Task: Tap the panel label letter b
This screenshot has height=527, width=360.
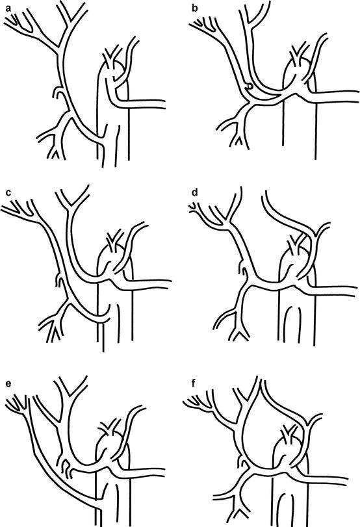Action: pyautogui.click(x=195, y=8)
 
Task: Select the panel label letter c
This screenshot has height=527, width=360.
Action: pyautogui.click(x=8, y=192)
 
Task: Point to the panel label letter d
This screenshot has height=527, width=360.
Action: pyautogui.click(x=195, y=192)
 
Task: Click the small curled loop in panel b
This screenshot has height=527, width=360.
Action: pyautogui.click(x=249, y=86)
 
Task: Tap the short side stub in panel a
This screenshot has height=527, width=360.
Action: pyautogui.click(x=57, y=92)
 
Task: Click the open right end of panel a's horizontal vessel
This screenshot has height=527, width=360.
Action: pyautogui.click(x=164, y=104)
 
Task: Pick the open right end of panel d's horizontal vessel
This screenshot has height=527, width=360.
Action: pyautogui.click(x=355, y=291)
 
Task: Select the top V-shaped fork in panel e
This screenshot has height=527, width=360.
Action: pyautogui.click(x=71, y=387)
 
